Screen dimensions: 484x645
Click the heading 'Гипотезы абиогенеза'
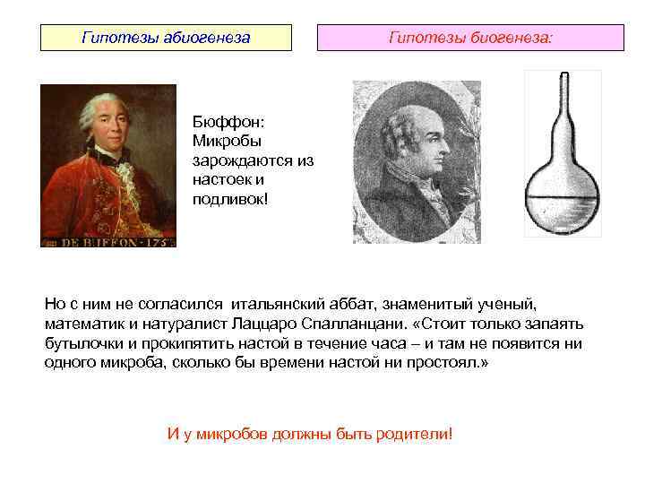[166, 39]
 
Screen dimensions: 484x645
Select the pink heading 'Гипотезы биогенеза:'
[470, 39]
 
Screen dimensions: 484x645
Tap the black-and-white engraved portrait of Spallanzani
[416, 161]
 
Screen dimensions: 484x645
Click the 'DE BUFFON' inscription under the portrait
[107, 240]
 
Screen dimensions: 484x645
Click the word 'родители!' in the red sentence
[417, 434]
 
